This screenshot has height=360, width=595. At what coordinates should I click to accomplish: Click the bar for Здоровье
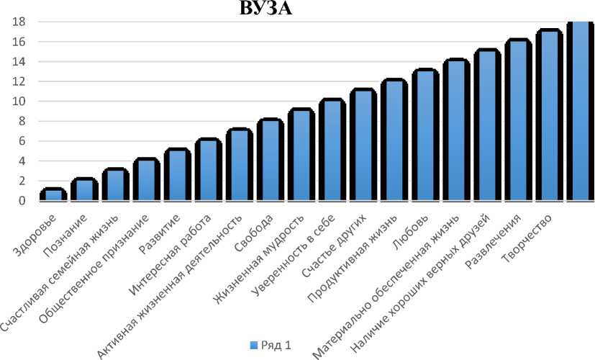point(54,195)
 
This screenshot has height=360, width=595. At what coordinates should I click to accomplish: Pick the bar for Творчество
point(549,116)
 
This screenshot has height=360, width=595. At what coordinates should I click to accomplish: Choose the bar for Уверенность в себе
point(332,150)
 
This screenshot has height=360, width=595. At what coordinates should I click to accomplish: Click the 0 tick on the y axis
point(23,201)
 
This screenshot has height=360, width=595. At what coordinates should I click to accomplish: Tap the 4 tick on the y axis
point(23,161)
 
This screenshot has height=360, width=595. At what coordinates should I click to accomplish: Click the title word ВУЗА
point(265,9)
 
